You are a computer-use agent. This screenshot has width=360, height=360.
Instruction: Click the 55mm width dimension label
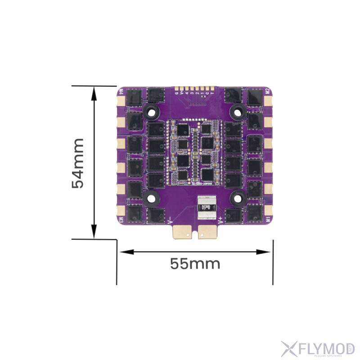[195, 263]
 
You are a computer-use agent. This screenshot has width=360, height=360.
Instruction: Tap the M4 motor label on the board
[121, 93]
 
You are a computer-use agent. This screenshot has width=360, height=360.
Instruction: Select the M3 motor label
[121, 220]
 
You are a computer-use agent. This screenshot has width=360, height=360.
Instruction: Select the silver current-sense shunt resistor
[205, 208]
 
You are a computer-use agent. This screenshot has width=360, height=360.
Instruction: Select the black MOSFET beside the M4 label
[134, 96]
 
